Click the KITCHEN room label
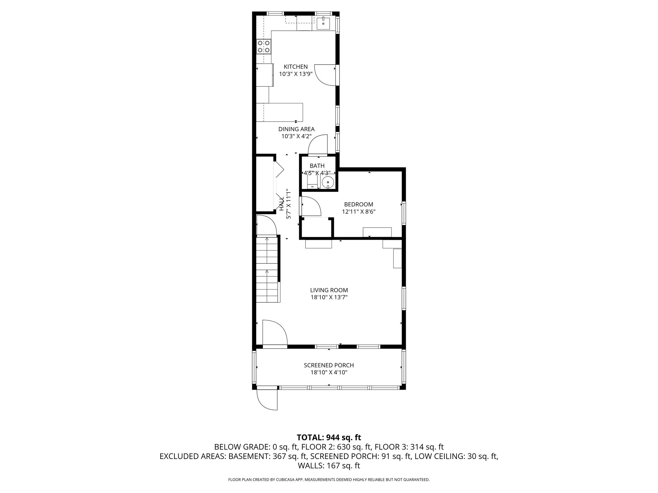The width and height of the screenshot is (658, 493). click(296, 67)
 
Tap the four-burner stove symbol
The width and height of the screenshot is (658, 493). click(264, 47)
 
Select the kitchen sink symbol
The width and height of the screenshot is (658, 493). click(323, 23)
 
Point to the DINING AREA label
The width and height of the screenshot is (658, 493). click(296, 129)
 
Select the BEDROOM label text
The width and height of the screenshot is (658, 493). click(359, 204)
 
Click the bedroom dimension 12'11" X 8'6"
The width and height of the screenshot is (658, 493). click(359, 212)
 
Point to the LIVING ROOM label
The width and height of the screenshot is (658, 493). click(329, 290)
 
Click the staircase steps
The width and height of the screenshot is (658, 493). click(267, 270)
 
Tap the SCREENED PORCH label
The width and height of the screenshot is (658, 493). click(329, 365)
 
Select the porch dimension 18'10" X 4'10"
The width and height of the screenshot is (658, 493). click(329, 373)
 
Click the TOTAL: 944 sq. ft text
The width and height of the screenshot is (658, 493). click(329, 437)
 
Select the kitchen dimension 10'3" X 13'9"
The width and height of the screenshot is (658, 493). click(296, 74)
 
